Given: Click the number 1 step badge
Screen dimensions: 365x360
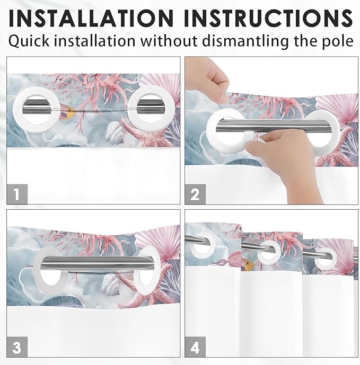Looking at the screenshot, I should pos(17,194).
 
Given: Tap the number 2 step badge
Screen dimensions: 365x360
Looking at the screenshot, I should pos(195,194).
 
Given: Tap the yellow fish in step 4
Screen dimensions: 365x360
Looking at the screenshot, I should pos(248,263).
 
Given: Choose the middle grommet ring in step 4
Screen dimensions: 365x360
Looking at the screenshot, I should pos(270,251).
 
